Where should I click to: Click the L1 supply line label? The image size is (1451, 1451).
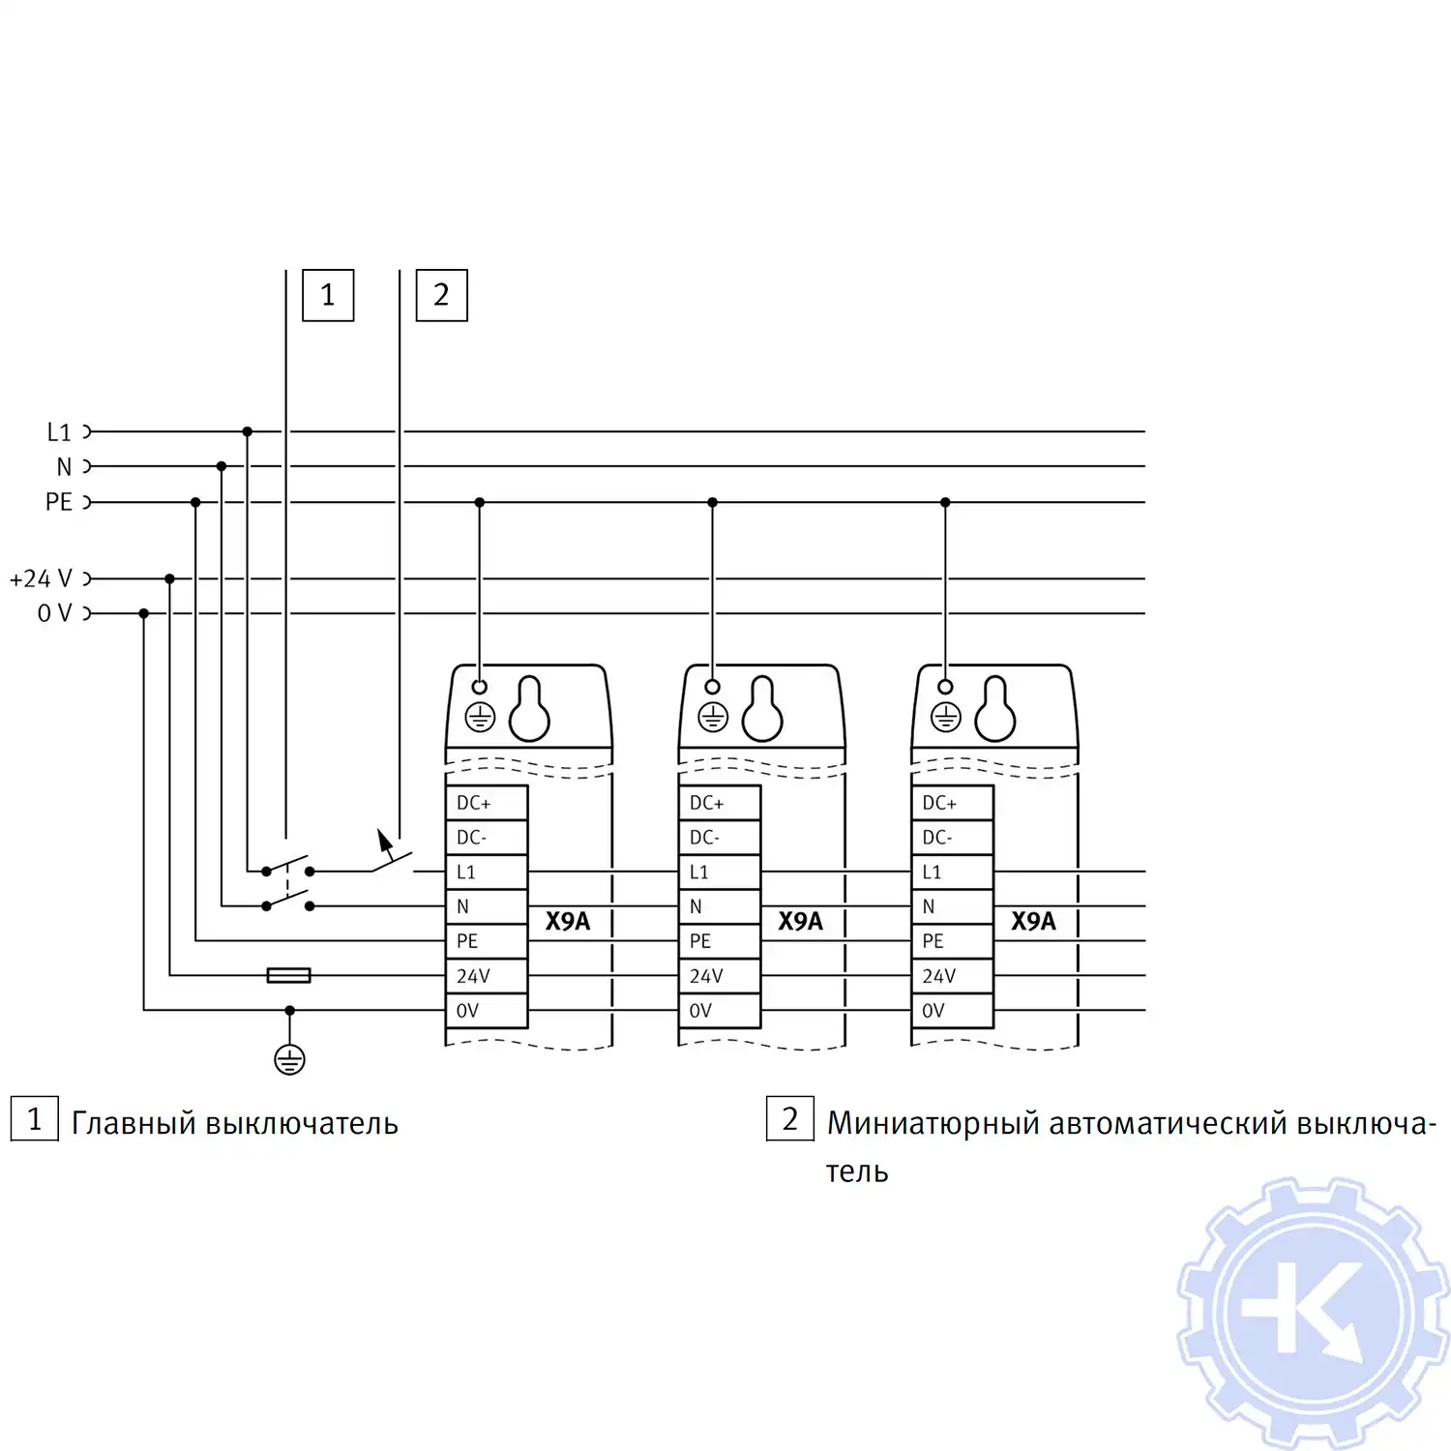click(x=59, y=432)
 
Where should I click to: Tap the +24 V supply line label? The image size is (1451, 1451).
click(x=41, y=578)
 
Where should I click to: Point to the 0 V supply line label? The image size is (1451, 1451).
click(x=54, y=613)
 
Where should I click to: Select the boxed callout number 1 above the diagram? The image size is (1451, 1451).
click(x=328, y=295)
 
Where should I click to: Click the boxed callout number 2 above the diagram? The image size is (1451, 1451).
click(x=441, y=295)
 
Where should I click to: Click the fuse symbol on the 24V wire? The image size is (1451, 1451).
click(x=288, y=975)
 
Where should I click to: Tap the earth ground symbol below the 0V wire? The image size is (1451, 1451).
click(x=289, y=1059)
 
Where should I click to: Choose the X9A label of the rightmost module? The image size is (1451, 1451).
click(x=1033, y=921)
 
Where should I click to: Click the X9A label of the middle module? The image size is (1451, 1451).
click(x=800, y=921)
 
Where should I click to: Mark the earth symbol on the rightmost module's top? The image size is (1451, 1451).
click(x=945, y=718)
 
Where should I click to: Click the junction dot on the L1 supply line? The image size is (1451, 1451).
click(x=248, y=431)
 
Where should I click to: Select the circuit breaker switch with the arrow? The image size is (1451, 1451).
click(x=391, y=855)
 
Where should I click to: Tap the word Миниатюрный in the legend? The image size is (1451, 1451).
click(x=933, y=1123)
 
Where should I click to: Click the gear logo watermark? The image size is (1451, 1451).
click(x=1314, y=1314)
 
